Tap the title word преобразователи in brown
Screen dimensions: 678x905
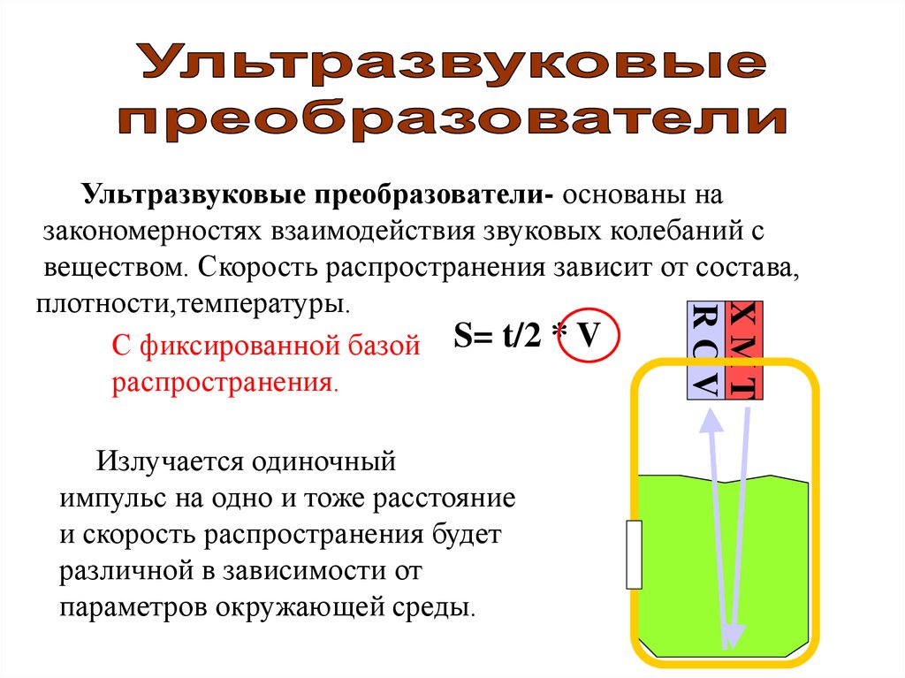point(452,119)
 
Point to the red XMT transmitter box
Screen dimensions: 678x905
point(743,349)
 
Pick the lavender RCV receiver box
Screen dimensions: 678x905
point(705,349)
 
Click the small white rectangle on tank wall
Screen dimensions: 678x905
point(634,554)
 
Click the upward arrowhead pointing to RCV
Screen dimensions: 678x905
point(711,423)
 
